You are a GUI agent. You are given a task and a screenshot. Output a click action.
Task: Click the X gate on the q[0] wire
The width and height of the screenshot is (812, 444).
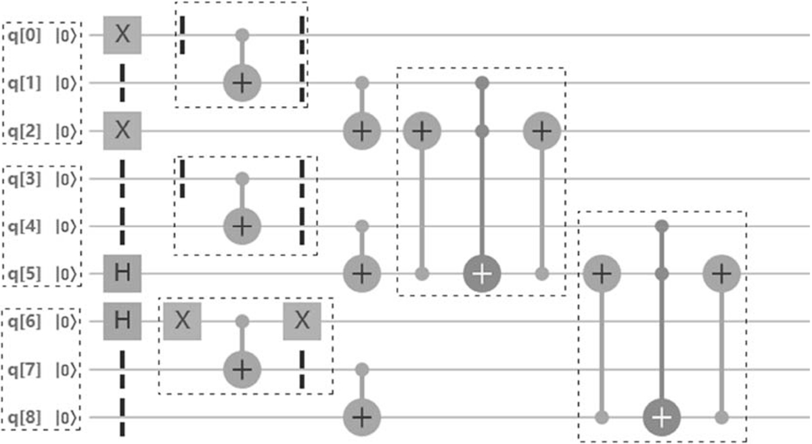click(122, 35)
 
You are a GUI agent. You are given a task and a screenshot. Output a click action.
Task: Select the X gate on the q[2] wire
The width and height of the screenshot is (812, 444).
click(122, 130)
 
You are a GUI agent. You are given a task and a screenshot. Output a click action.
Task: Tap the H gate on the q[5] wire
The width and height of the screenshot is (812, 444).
click(122, 274)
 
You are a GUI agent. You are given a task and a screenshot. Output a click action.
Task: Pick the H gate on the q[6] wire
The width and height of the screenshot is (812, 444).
click(122, 321)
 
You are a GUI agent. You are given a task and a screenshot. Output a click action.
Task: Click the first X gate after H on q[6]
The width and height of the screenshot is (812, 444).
click(182, 321)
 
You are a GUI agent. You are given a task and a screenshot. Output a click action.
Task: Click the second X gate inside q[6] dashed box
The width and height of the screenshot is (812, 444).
click(302, 321)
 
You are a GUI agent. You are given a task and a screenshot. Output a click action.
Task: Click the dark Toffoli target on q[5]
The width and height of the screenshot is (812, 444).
click(481, 274)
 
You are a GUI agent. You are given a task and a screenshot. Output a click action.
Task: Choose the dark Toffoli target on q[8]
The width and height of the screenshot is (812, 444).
click(661, 418)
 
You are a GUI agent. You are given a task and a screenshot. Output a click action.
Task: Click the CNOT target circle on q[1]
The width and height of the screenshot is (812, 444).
click(242, 83)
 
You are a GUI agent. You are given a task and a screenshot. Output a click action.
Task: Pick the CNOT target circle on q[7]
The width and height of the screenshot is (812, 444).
click(242, 370)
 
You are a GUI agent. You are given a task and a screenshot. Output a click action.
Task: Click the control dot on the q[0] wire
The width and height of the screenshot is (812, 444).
click(242, 35)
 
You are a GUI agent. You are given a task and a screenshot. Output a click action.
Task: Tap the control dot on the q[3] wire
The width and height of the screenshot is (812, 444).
click(242, 178)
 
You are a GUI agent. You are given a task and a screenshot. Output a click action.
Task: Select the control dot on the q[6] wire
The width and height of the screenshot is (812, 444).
click(242, 322)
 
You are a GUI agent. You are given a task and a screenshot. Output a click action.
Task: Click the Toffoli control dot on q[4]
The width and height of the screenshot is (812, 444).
click(661, 226)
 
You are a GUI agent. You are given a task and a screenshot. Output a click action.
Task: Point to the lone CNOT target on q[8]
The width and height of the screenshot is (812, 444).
click(362, 418)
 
